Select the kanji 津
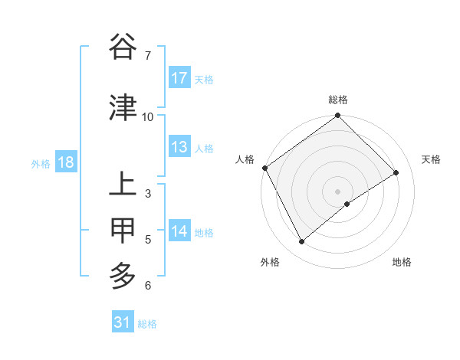[x=123, y=107]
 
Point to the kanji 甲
[x=123, y=230]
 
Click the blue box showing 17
[x=179, y=78]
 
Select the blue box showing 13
[x=179, y=147]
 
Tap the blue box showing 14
[x=179, y=231]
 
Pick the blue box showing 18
[x=65, y=162]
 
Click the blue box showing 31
[x=123, y=322]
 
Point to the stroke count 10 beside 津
[x=148, y=116]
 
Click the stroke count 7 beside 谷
[x=147, y=56]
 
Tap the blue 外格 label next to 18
[x=41, y=163]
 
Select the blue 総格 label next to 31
[x=147, y=323]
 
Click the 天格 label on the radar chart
[x=432, y=159]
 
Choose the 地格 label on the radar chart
[x=402, y=262]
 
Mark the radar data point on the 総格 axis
[x=337, y=116]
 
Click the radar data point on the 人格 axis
[x=264, y=168]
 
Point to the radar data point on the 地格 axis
[x=347, y=204]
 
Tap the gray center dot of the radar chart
[x=337, y=191]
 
